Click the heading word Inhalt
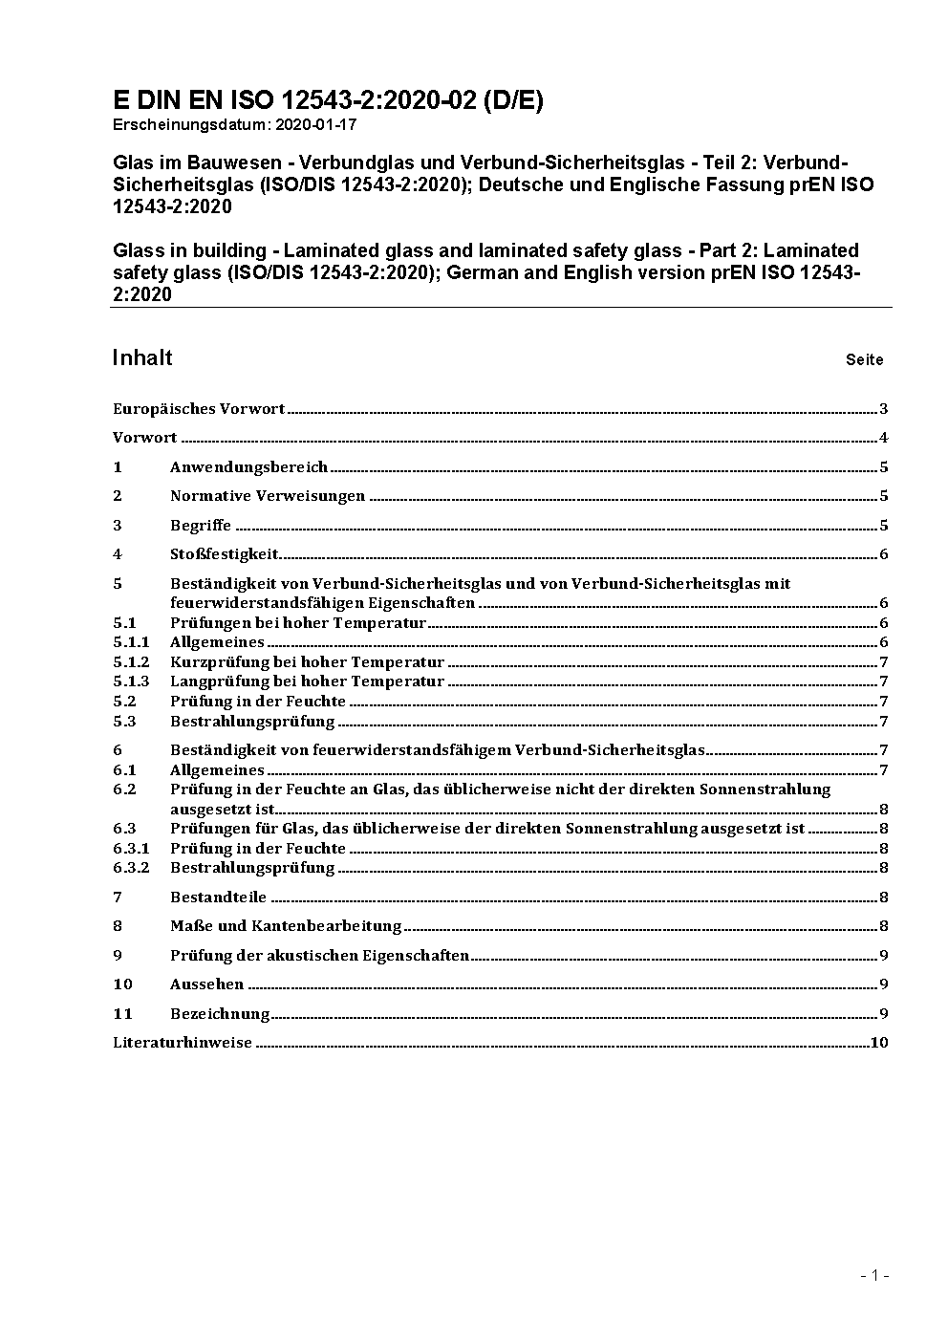142,358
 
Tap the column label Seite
864,360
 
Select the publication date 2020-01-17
315,124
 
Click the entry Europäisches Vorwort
199,409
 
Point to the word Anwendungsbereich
248,467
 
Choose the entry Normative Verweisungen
268,496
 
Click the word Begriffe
201,526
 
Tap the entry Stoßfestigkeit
224,554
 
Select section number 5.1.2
131,662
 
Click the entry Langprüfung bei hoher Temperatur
307,681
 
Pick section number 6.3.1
131,849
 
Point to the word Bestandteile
218,898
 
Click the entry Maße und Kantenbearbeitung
285,926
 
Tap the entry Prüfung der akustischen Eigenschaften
319,956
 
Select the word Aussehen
206,984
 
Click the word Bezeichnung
220,1014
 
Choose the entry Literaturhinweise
183,1043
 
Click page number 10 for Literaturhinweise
879,1043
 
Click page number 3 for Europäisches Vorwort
884,409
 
